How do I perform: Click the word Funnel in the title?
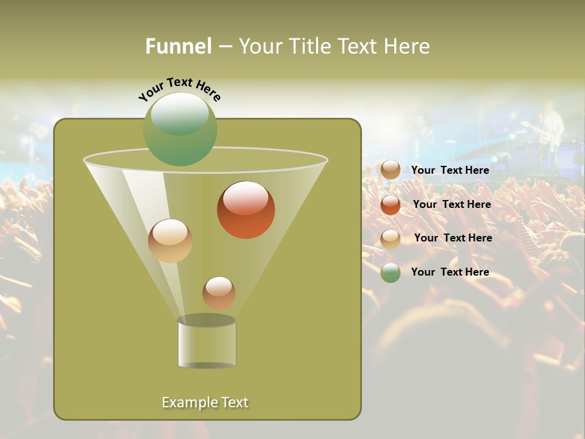point(178,46)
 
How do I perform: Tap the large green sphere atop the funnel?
point(180,129)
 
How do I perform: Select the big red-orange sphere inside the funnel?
point(246,210)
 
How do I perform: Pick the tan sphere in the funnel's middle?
point(170,241)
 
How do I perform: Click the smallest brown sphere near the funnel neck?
point(219,293)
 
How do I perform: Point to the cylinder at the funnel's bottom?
point(207,343)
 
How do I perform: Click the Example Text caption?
point(205,402)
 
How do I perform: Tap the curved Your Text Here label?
point(179,88)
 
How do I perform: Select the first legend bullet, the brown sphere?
point(391,170)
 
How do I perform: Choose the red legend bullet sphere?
point(391,205)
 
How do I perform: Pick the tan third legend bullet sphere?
point(391,238)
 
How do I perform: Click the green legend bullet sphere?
point(391,273)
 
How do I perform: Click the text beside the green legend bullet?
point(450,272)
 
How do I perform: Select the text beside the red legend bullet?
point(452,204)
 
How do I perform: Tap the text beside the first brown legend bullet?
point(450,170)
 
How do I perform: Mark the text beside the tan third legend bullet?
point(453,238)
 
